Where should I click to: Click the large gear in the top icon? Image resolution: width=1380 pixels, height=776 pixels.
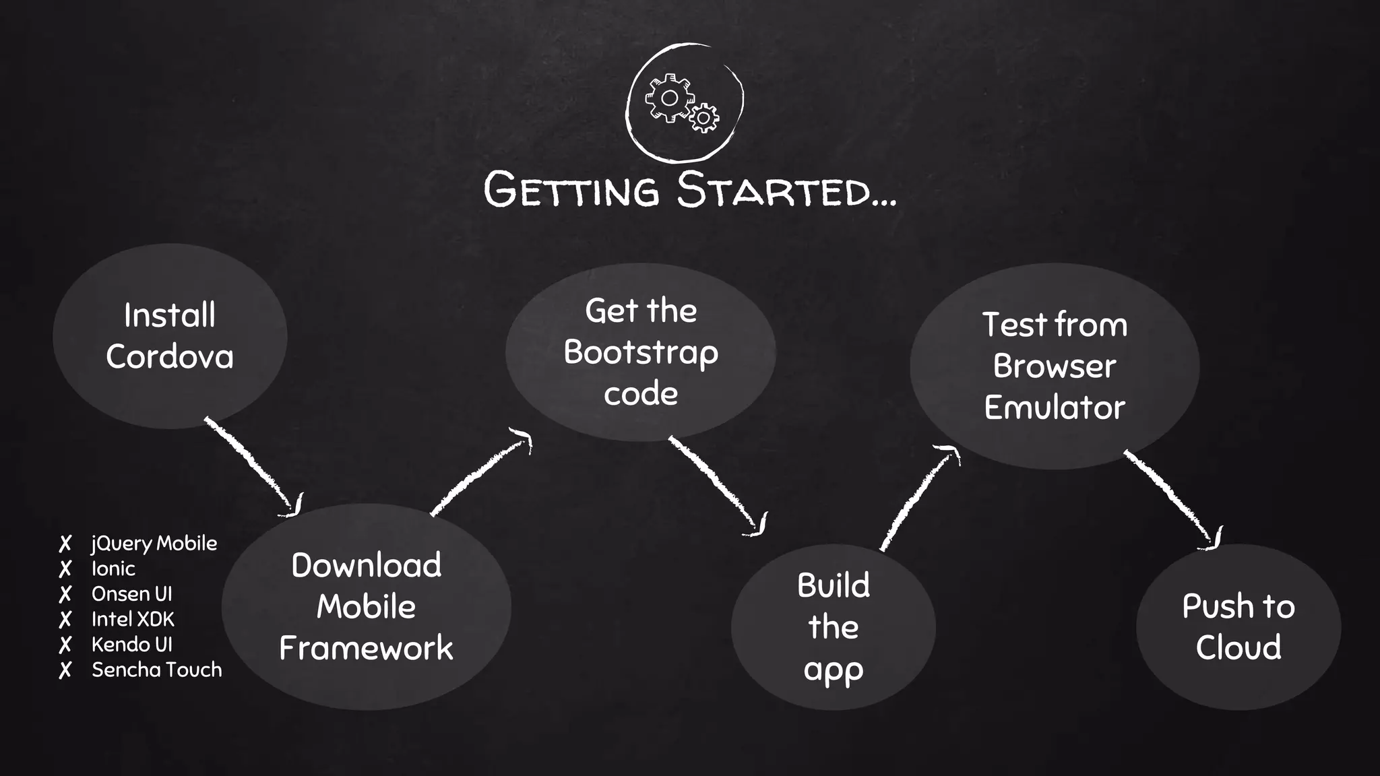tap(668, 98)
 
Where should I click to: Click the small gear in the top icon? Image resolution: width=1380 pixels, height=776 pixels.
tap(704, 118)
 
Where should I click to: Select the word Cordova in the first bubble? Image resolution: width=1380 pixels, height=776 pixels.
tap(170, 356)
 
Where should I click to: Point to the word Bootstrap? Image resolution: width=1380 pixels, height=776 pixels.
tap(641, 352)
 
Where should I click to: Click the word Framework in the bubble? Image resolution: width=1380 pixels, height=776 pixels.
tap(366, 648)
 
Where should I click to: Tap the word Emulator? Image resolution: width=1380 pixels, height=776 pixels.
tap(1055, 408)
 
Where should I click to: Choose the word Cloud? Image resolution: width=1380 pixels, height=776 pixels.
tap(1238, 647)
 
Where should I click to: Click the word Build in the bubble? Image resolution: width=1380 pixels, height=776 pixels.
tap(834, 585)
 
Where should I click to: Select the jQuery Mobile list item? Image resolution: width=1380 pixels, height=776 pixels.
tap(154, 543)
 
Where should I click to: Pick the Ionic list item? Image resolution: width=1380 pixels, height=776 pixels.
tap(113, 569)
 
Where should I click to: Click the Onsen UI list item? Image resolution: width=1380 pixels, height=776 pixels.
tap(132, 593)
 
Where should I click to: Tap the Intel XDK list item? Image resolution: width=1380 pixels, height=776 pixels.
tap(133, 619)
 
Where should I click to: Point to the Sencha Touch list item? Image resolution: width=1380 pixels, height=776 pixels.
tap(156, 670)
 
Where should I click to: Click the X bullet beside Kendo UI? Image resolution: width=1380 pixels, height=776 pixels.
tap(65, 645)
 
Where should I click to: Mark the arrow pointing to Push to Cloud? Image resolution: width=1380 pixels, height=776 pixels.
tap(1173, 499)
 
